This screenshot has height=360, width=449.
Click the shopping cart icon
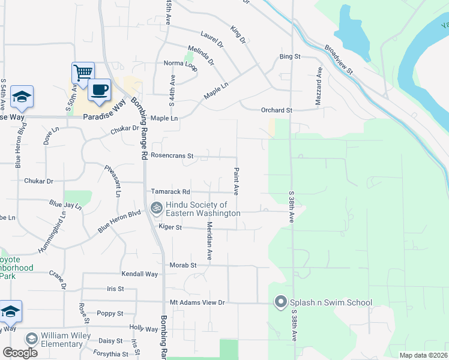tap(83, 73)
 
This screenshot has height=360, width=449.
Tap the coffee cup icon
tap(100, 90)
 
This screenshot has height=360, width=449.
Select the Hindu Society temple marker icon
tap(157, 208)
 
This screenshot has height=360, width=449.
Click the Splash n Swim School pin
tap(280, 302)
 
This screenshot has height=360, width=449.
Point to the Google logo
tap(20, 353)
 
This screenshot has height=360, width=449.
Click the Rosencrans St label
tap(172, 155)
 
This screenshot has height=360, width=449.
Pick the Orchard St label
tap(276, 110)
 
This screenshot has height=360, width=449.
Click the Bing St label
tap(289, 56)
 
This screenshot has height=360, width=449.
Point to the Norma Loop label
tap(181, 63)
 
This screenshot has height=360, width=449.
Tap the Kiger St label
tap(170, 227)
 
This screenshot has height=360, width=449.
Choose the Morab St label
tap(185, 265)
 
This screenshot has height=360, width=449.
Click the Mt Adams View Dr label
tap(197, 303)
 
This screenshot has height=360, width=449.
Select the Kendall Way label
tap(139, 274)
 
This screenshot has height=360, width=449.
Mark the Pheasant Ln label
tap(113, 181)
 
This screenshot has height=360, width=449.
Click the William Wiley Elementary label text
tap(61, 340)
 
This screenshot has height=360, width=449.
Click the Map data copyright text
tap(423, 355)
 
